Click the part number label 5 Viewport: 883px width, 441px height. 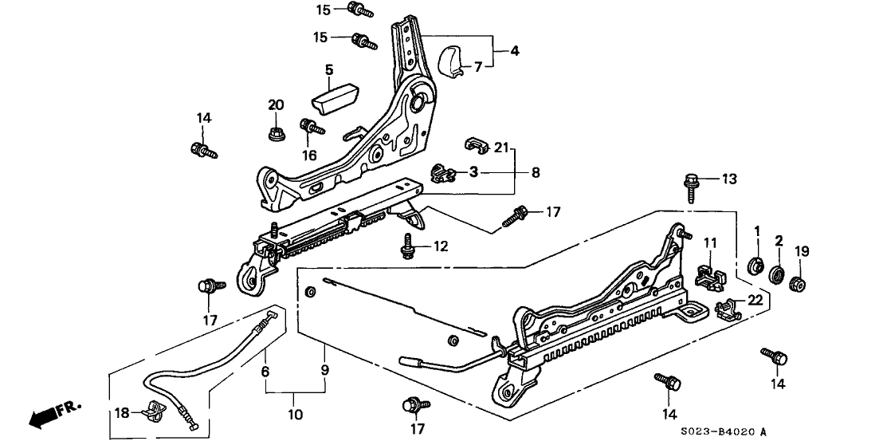[328, 70]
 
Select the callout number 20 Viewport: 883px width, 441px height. [276, 105]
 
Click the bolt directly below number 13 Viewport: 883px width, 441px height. [690, 189]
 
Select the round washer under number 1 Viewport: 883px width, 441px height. [756, 264]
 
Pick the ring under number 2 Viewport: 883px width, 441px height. [778, 276]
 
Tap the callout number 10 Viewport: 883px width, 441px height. [295, 415]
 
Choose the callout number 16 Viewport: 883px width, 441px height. [309, 155]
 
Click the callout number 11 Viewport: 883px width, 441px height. [710, 242]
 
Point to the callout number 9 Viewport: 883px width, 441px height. [325, 370]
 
